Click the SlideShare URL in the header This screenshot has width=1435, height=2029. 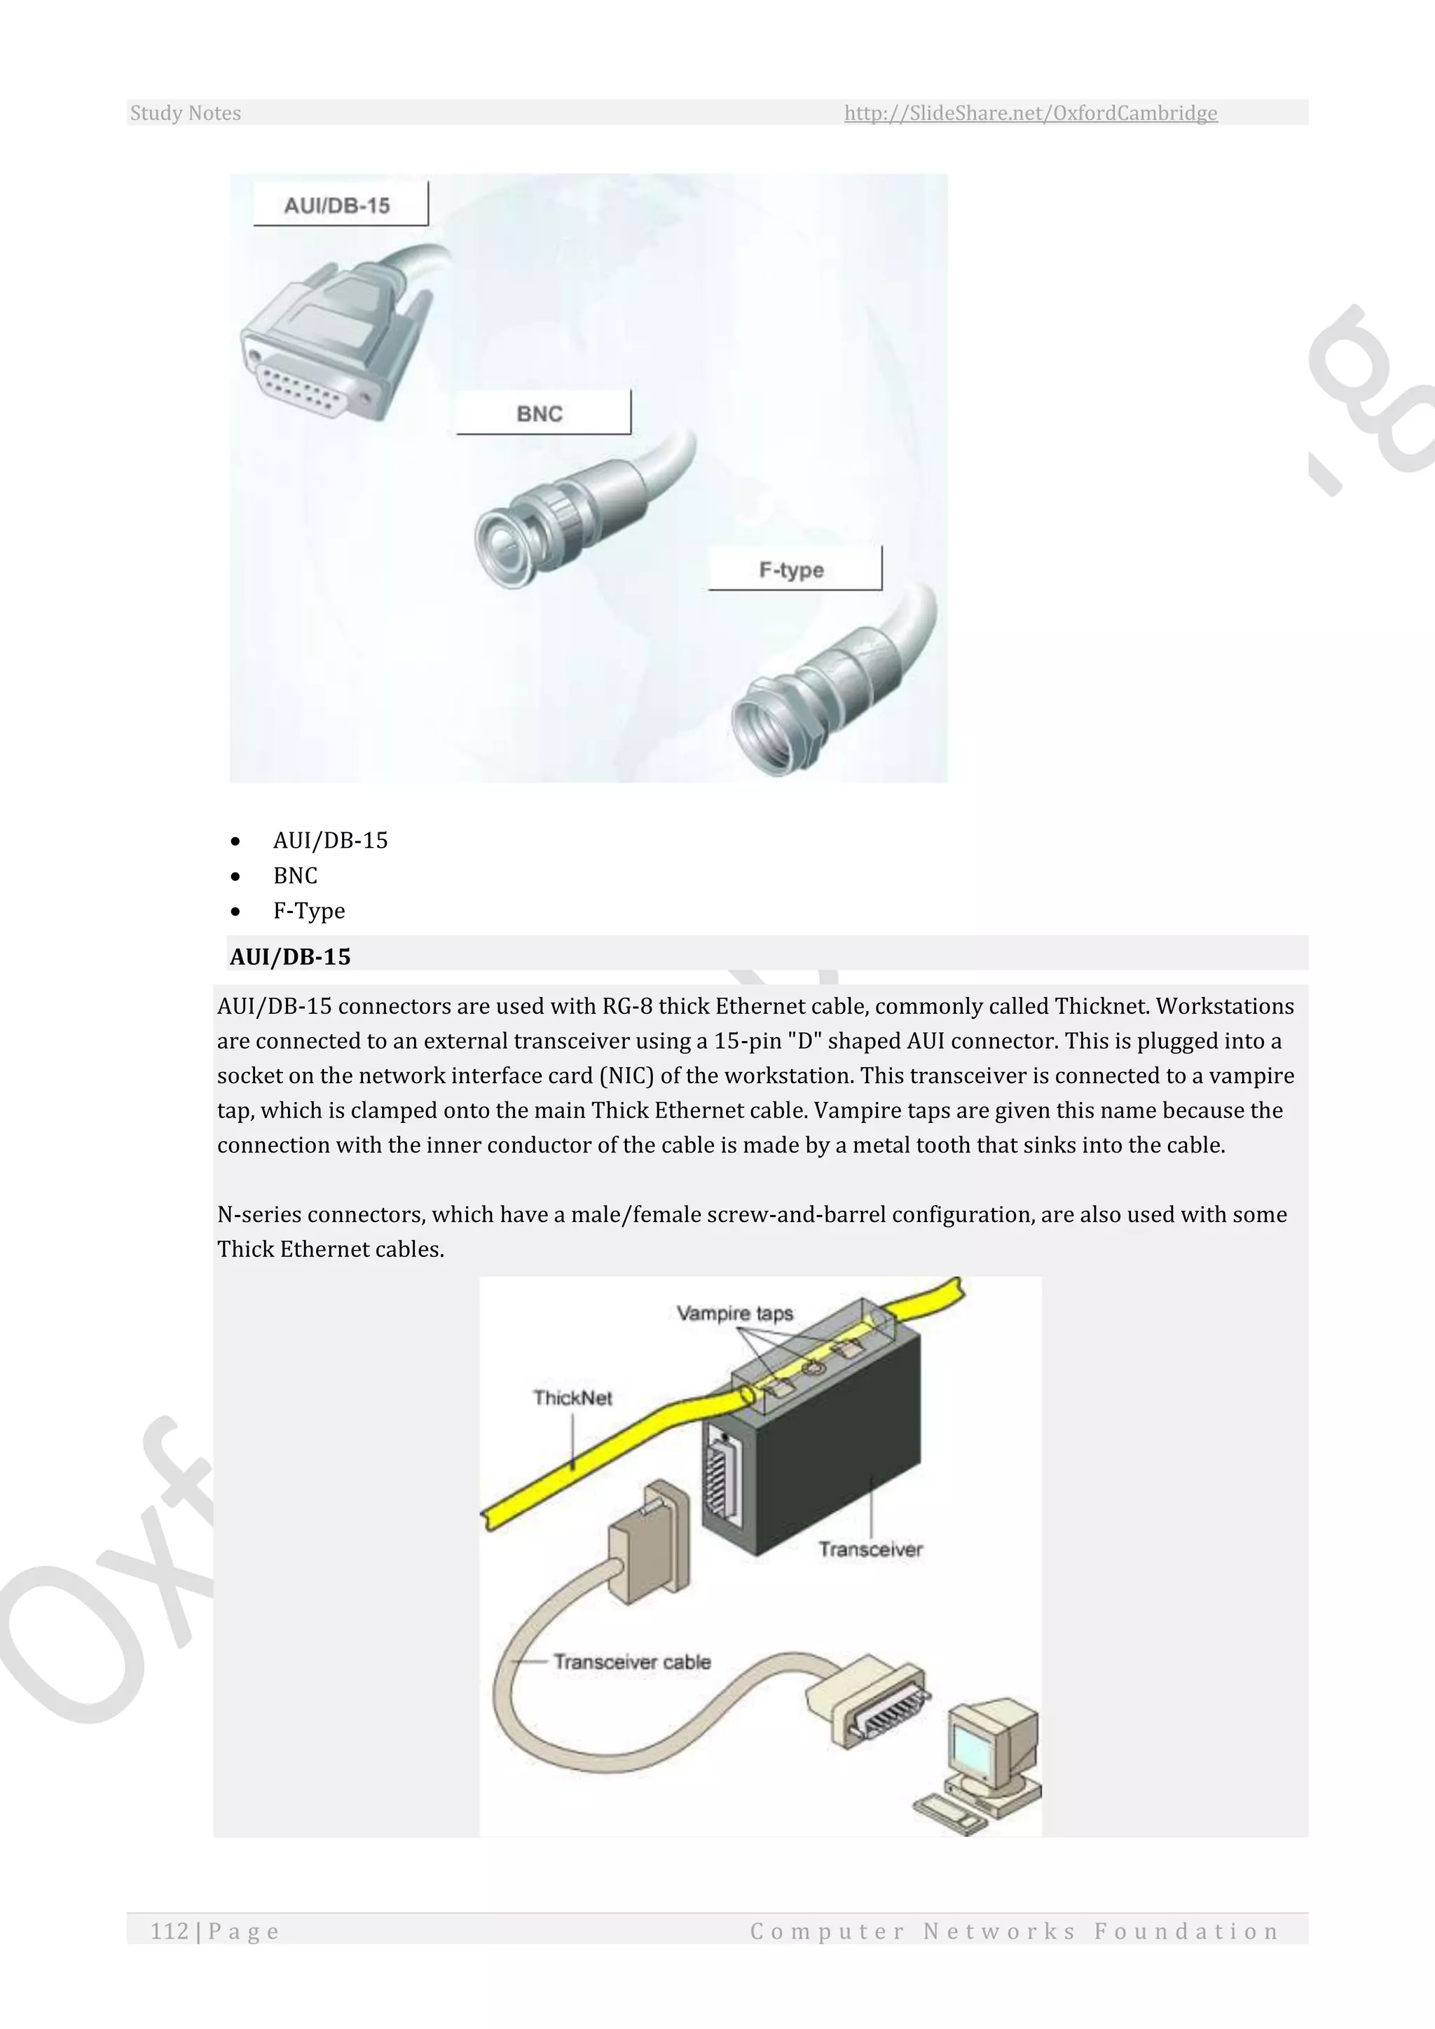[x=1030, y=113]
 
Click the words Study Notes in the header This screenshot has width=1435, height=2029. [x=186, y=113]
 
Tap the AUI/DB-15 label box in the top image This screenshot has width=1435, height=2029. [x=341, y=205]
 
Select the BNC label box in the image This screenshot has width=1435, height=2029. [x=542, y=413]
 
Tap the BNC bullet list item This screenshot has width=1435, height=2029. [x=295, y=875]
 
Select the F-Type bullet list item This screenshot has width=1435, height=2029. [x=309, y=910]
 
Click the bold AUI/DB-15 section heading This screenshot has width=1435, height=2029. [x=290, y=956]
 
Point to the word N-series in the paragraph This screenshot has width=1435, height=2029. [x=258, y=1214]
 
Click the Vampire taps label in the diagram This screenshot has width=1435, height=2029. [x=734, y=1313]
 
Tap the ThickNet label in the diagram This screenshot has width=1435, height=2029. [x=572, y=1397]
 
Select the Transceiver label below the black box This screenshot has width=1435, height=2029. [x=870, y=1549]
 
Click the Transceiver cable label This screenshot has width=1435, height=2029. [x=632, y=1661]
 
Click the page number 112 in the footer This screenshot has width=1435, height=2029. [x=170, y=1931]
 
